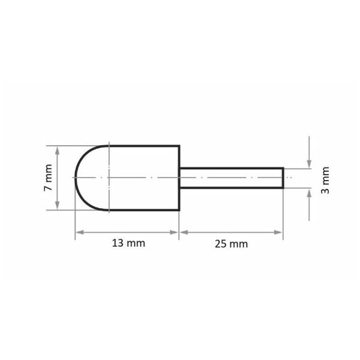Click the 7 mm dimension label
pyautogui.click(x=48, y=178)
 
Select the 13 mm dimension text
pyautogui.click(x=128, y=243)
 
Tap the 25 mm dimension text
pyautogui.click(x=231, y=244)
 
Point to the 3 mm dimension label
pyautogui.click(x=325, y=180)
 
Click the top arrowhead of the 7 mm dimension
pyautogui.click(x=58, y=151)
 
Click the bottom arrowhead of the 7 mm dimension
pyautogui.click(x=58, y=205)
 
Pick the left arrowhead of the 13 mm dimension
pyautogui.click(x=80, y=232)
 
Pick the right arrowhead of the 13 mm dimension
pyautogui.click(x=174, y=232)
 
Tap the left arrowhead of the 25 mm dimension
pyautogui.click(x=184, y=232)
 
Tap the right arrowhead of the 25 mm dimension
pyautogui.click(x=278, y=232)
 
